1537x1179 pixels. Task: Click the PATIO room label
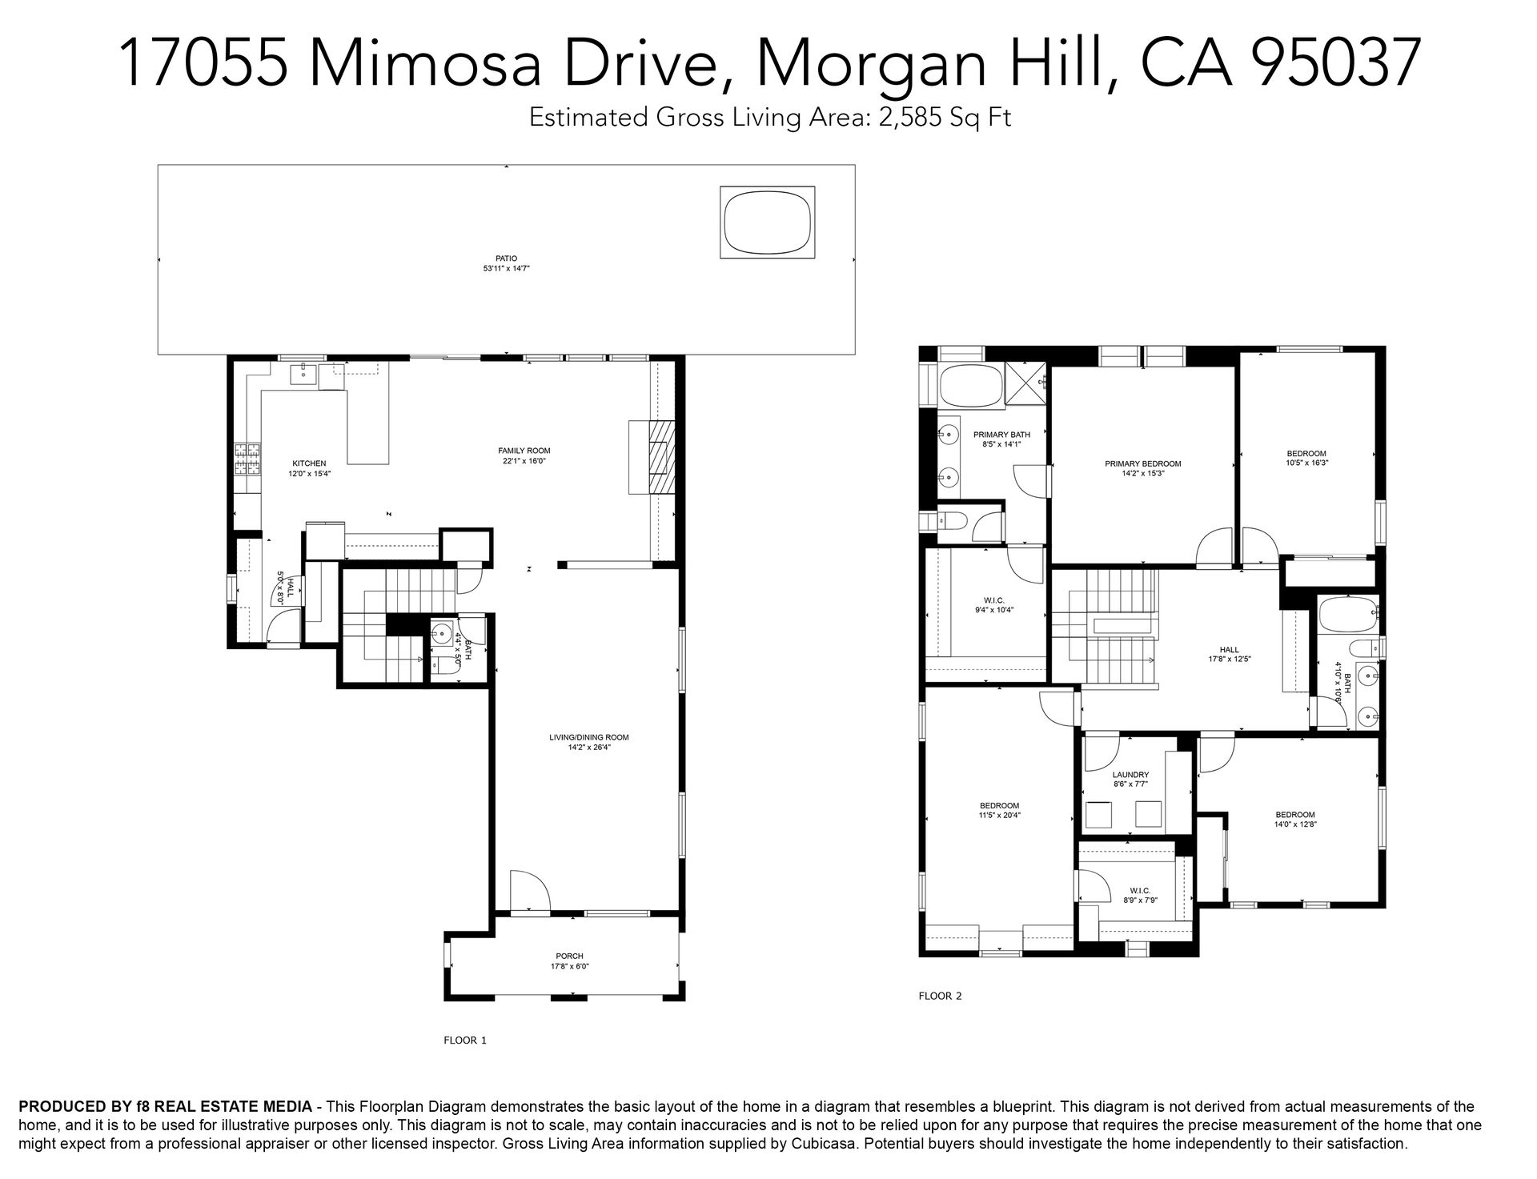coord(506,259)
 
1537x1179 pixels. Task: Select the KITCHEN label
coord(309,463)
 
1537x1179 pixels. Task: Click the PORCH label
coord(569,956)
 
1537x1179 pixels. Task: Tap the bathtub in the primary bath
coord(970,386)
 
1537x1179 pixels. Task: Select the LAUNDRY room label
coord(1130,775)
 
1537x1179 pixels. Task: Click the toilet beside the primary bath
coord(953,522)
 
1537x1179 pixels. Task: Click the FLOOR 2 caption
coord(940,997)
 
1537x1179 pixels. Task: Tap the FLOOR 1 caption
coord(464,1041)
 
